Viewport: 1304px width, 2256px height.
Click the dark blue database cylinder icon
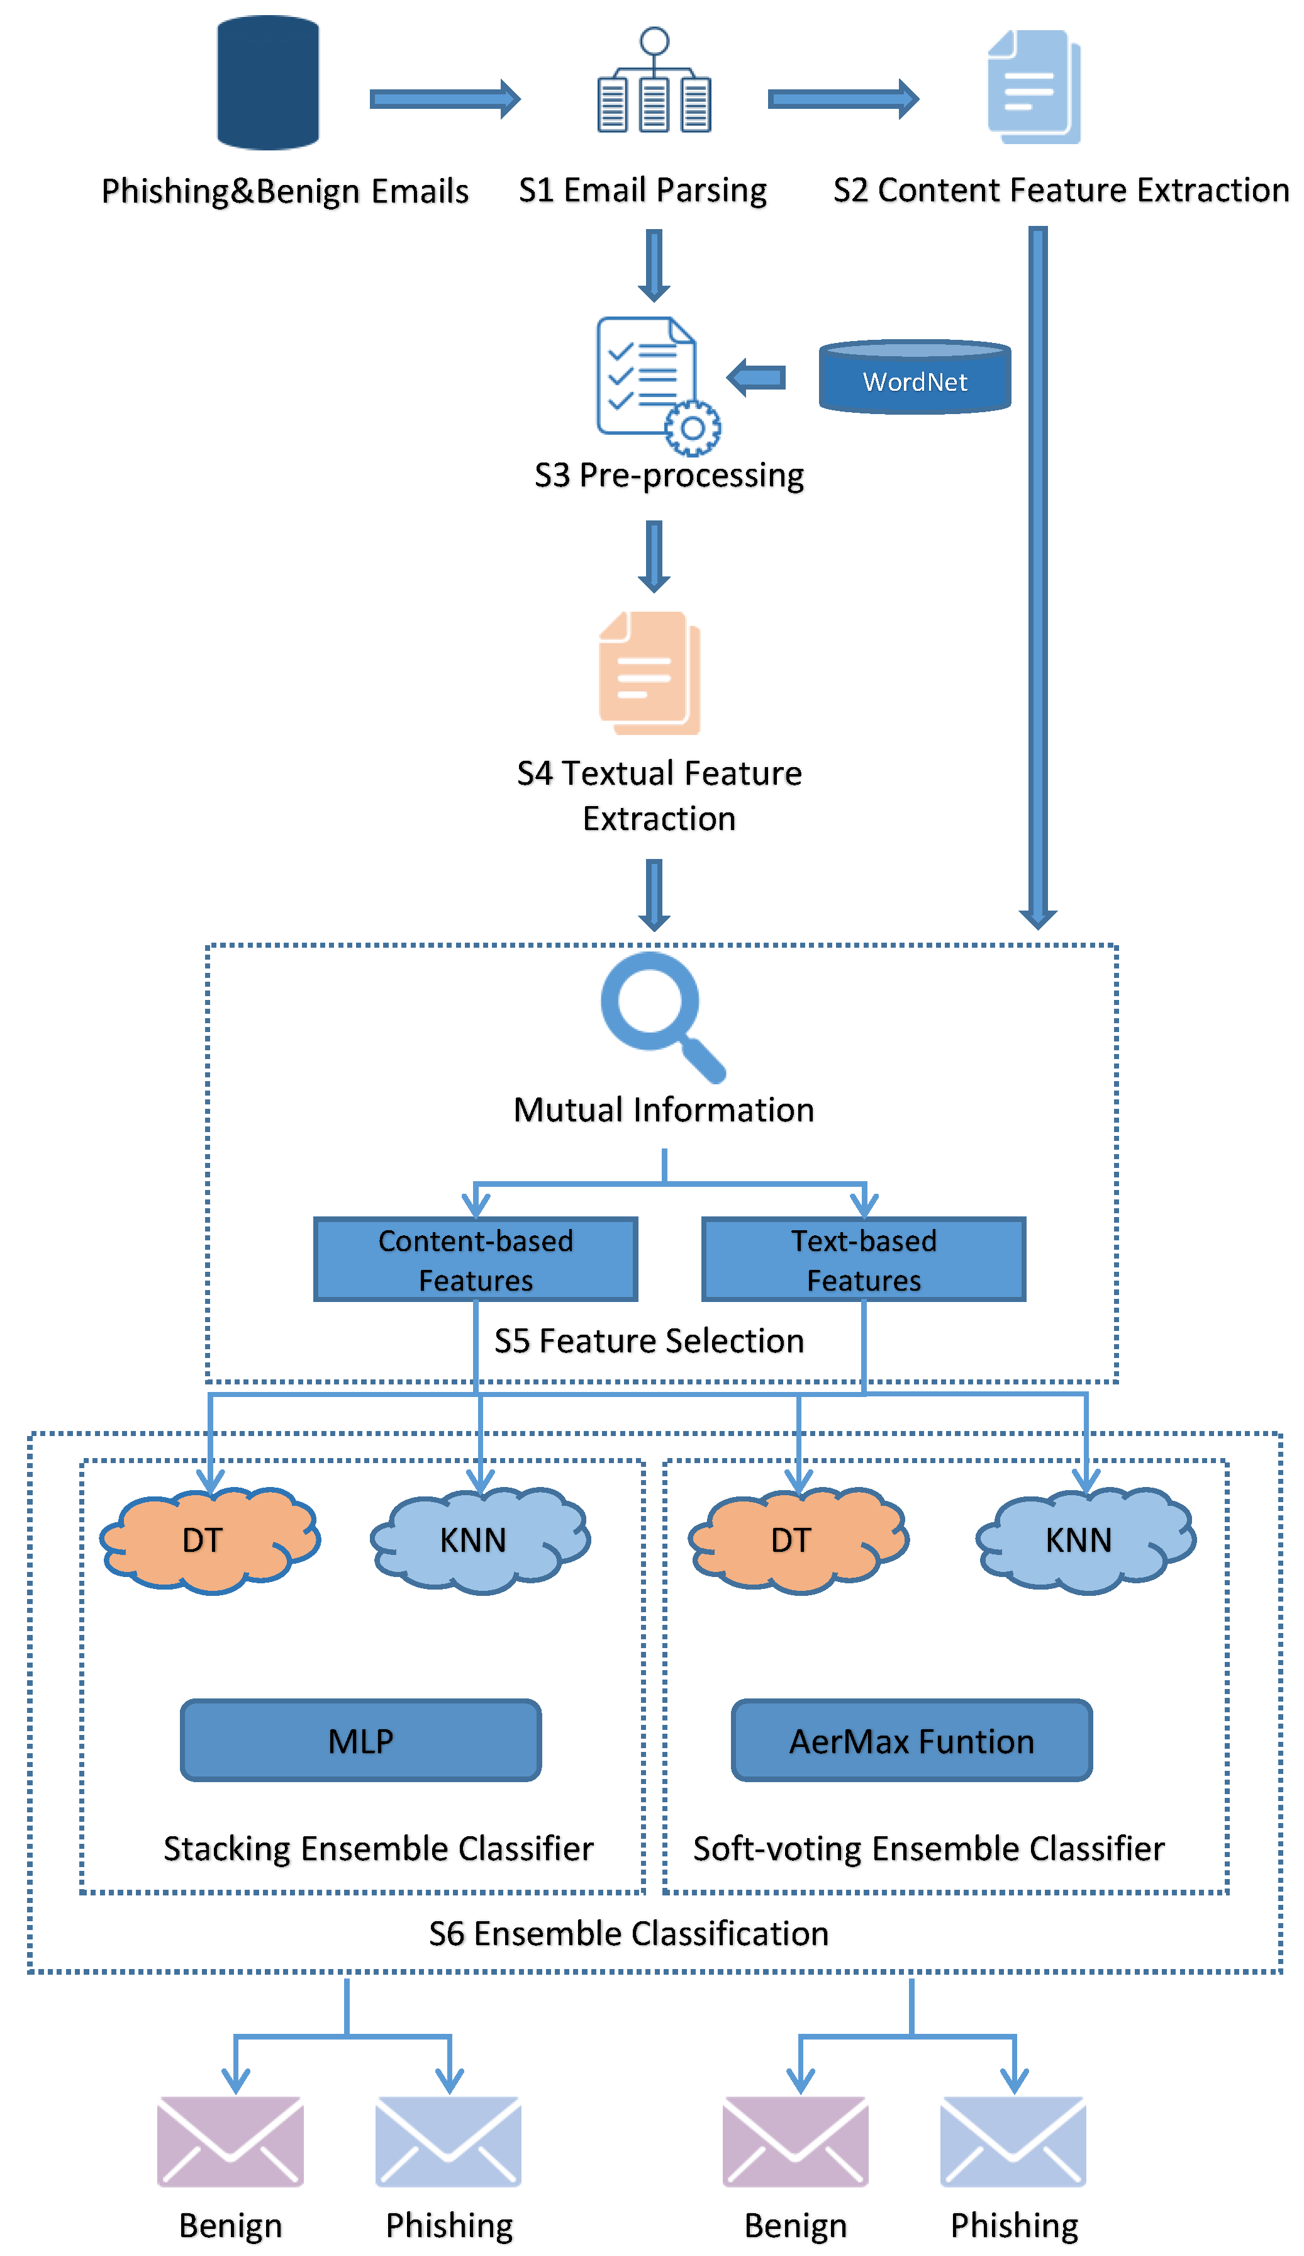coord(267,82)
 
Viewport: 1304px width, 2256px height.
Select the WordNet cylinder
coord(914,377)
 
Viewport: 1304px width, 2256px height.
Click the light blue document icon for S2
coord(1033,87)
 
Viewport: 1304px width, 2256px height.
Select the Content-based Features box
coord(475,1259)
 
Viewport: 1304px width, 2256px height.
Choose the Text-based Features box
coord(863,1259)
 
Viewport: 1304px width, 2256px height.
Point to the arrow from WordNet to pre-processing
coord(756,378)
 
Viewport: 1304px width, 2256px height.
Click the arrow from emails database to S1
coord(444,98)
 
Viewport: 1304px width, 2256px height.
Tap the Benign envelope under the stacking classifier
coord(230,2141)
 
